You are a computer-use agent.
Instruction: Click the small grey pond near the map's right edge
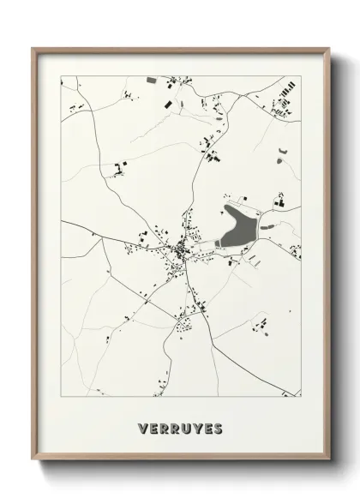[x=282, y=154]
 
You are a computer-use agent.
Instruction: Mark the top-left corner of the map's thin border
[x=61, y=77]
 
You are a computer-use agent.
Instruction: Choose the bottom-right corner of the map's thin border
[x=301, y=397]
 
